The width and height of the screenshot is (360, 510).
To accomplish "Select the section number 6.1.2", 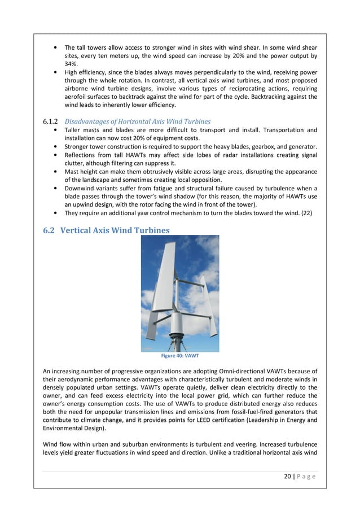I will click(51, 121).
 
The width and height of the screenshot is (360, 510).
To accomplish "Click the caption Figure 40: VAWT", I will click(179, 356).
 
